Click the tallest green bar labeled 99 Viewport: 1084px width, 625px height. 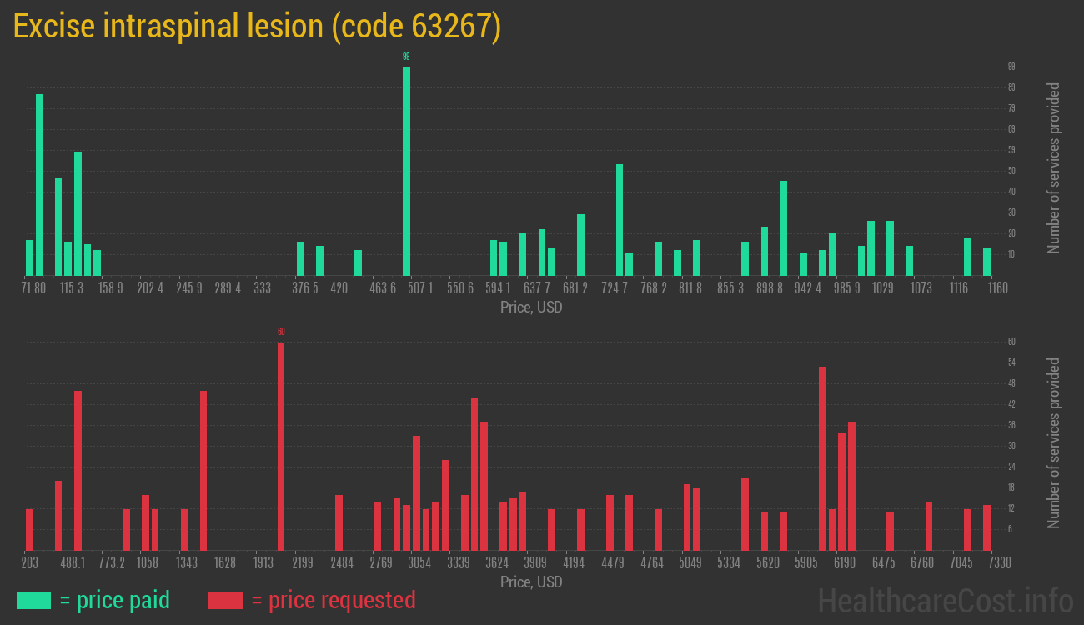tap(406, 171)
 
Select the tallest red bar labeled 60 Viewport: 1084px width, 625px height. tap(281, 446)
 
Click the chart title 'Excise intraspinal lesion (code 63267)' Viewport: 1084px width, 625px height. tap(257, 27)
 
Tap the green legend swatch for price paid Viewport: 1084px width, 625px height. tap(33, 600)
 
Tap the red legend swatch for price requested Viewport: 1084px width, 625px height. tap(225, 600)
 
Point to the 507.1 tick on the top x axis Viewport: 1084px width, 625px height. tap(420, 288)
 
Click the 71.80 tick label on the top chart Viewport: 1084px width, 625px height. tap(33, 288)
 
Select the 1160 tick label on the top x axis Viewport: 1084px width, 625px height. tap(997, 288)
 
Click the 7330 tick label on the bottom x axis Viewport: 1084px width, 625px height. tap(999, 563)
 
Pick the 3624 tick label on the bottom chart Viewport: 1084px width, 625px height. tap(497, 563)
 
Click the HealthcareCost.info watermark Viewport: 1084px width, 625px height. tap(945, 600)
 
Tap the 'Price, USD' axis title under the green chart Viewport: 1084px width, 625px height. tap(531, 307)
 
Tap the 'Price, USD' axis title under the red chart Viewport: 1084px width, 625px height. tap(531, 582)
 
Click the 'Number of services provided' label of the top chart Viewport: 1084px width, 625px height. tap(1054, 167)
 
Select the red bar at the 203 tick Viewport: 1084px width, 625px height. tap(30, 529)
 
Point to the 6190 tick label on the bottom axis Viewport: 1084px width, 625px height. tap(845, 563)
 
